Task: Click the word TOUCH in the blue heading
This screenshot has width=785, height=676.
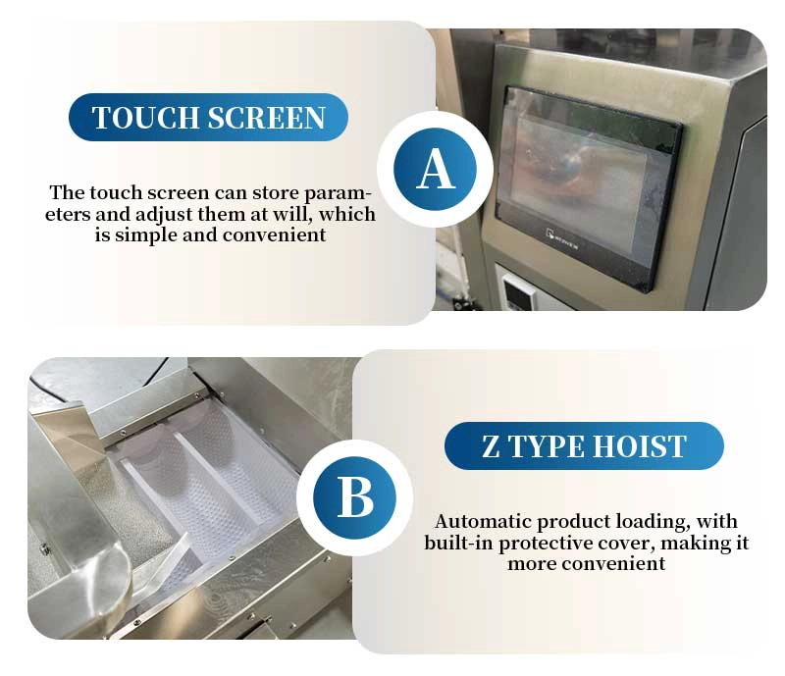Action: [145, 118]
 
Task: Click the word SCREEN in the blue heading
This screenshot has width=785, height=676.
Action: [266, 118]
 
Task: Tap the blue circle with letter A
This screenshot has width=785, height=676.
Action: [435, 169]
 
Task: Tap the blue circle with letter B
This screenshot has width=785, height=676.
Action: [355, 497]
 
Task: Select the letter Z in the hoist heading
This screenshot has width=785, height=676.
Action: [491, 446]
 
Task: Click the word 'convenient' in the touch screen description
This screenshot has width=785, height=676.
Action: [275, 234]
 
